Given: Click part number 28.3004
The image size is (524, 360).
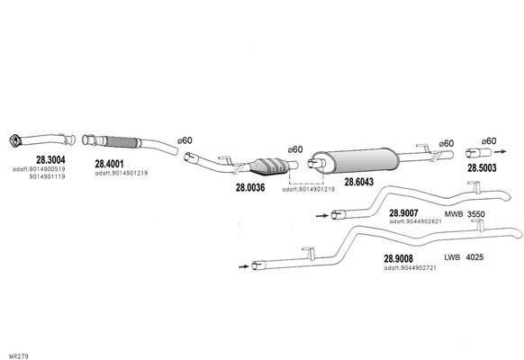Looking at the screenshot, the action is coord(50,159).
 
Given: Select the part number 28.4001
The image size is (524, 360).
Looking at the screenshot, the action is coord(109,164).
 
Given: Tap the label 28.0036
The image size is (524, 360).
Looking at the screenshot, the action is coord(250,188).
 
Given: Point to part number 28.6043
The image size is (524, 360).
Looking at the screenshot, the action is coord(359,182).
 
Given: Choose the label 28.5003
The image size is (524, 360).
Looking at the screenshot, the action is coord(482,168).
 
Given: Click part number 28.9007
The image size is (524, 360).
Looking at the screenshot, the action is coord(403,213).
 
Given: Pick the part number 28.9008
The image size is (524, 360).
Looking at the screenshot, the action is coord(398,259).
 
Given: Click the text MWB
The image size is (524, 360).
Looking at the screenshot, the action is coord(454,214).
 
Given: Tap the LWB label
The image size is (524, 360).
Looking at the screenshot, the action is coord(452,257).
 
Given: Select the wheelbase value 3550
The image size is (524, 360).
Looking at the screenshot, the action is coord(475,214).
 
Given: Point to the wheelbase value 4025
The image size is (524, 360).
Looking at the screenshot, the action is coord(474,257).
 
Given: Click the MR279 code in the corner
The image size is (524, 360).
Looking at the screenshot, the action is coord(19,356).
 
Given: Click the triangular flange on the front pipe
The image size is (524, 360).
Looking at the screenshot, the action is coord(14,140).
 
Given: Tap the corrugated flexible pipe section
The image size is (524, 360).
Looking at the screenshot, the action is coord(121,142).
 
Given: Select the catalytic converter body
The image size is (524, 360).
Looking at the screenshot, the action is coord(270,166).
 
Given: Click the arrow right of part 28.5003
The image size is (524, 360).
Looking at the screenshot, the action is coord(500,151).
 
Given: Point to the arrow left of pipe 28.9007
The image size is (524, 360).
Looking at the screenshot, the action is coord(322,216).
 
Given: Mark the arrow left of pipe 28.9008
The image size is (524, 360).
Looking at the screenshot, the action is coord(244,266).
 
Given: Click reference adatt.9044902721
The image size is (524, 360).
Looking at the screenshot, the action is coord(410,268).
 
